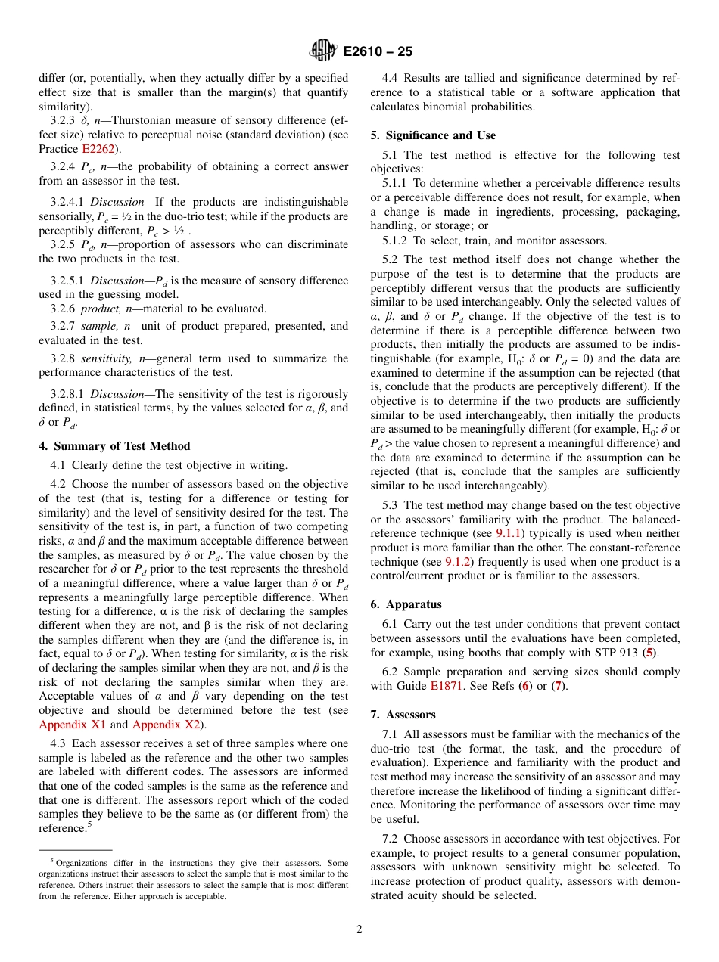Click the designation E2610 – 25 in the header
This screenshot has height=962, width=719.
click(x=378, y=52)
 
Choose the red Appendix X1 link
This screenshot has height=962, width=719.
click(x=73, y=725)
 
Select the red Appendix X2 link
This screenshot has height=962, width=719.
click(x=166, y=725)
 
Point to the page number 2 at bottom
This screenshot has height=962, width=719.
click(x=359, y=929)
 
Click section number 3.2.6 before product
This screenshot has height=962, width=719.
click(x=64, y=309)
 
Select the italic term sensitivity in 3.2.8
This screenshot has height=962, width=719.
click(x=104, y=358)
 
